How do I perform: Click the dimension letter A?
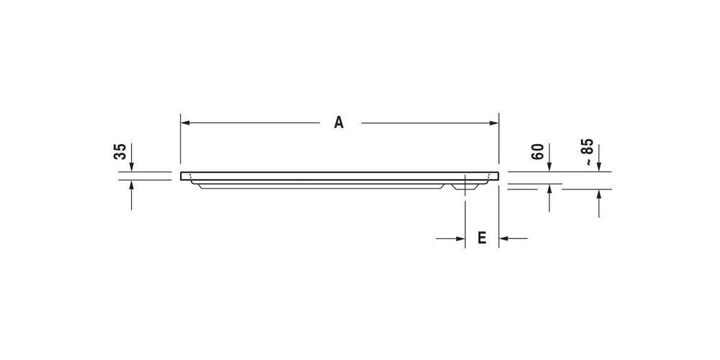coord(338,123)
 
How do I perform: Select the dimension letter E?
coord(482,238)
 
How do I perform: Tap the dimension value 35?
coord(120,151)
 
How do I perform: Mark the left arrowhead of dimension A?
coord(185,123)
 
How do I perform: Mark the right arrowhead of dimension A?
coord(495,123)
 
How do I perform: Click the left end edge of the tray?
coord(181,176)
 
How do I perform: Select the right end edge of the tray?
coord(499,176)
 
